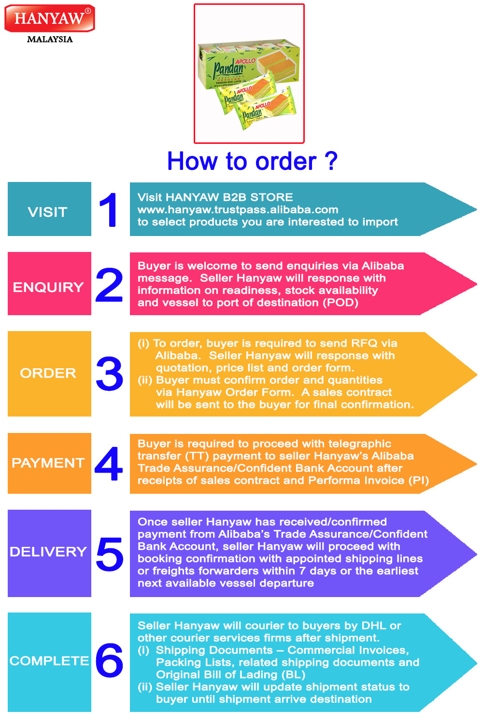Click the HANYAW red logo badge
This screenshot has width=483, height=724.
49,19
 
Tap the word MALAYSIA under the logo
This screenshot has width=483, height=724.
50,40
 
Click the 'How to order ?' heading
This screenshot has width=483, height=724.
252,161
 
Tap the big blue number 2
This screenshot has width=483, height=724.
110,285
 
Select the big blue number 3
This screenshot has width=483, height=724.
110,374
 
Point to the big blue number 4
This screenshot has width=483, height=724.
109,464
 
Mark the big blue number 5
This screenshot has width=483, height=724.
110,554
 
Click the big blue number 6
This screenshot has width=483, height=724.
110,660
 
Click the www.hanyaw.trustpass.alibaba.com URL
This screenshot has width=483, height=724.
238,209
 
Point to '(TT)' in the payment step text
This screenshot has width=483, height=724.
196,456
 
